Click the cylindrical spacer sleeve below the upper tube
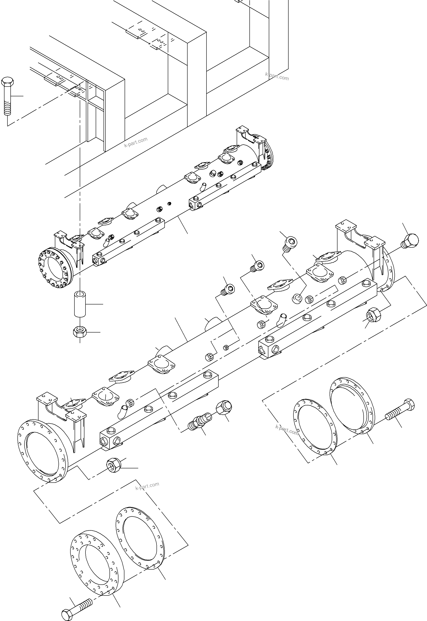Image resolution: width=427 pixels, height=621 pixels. (80, 305)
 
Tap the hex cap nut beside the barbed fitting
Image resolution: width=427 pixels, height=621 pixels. (224, 408)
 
